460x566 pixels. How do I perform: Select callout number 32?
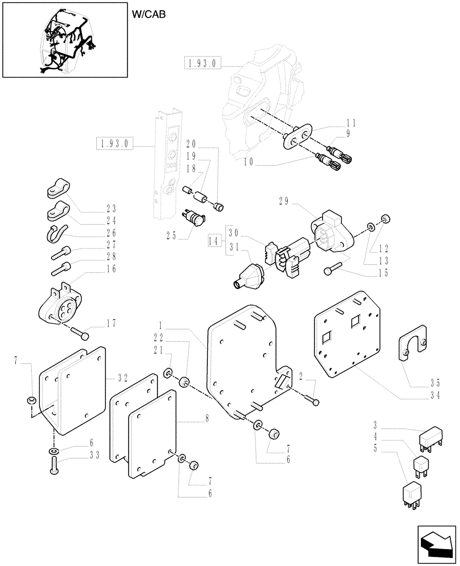tap(123, 376)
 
